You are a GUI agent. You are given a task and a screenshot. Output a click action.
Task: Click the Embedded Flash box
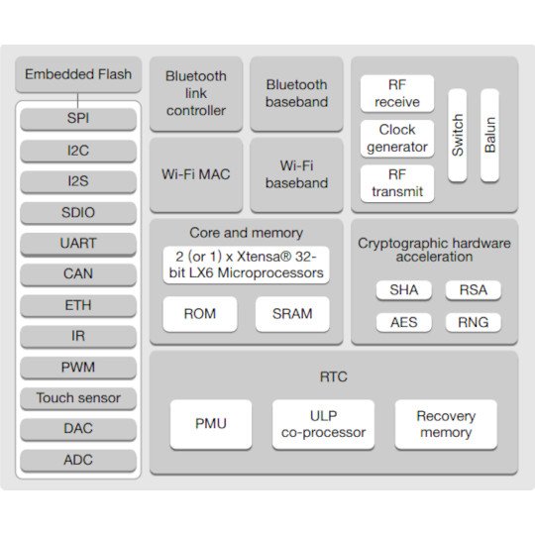78,74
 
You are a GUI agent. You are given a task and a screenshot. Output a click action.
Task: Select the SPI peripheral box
78,119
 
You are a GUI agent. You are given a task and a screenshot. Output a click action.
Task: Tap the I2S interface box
78,181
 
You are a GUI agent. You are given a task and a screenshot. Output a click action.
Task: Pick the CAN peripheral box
78,274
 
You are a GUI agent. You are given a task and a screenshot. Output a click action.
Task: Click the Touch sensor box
78,398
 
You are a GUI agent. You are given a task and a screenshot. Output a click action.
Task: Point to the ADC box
78,461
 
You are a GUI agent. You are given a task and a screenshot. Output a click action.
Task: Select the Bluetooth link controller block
196,94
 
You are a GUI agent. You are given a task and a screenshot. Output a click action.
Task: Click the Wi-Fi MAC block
196,174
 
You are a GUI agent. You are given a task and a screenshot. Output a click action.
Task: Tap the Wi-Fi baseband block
296,174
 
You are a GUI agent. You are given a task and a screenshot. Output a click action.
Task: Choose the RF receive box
397,93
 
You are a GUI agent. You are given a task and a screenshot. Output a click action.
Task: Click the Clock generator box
397,139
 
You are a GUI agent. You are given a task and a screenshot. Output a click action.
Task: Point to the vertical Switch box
457,136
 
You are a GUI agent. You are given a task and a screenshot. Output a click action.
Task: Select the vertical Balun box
489,136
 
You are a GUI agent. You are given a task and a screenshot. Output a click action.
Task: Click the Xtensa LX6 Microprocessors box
246,266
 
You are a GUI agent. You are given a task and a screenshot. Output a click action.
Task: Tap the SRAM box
292,314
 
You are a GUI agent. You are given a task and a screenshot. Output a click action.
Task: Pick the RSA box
474,290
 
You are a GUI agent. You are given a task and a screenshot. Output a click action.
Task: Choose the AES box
404,322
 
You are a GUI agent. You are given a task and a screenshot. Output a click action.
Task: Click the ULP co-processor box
323,424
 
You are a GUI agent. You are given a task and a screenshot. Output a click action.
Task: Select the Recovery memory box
446,424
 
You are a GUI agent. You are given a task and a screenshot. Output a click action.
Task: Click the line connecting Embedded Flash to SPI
78,101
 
